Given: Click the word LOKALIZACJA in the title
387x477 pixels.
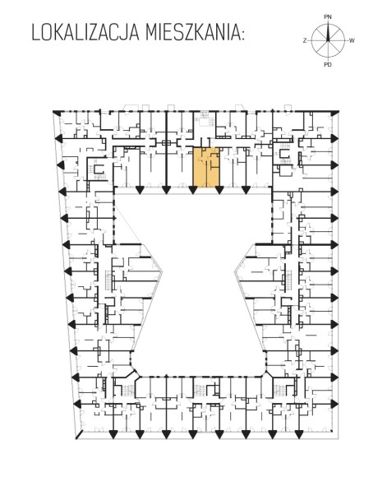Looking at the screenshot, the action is tap(85, 33).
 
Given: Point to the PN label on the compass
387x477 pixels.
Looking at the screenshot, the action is tap(327, 17).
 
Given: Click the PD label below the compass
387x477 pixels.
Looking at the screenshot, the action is tap(328, 64).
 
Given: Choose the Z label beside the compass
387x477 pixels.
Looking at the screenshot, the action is tap(305, 40).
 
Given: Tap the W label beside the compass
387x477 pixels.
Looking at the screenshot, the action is tap(352, 40).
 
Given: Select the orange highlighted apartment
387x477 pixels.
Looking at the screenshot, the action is tap(206, 167).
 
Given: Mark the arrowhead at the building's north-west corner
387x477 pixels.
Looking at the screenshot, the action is tap(56, 112).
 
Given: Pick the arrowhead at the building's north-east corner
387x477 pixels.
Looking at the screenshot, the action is tap(335, 113).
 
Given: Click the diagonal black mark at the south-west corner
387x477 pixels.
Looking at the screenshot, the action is tap(79, 434).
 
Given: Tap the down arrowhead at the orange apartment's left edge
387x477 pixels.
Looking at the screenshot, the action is tap(192, 190).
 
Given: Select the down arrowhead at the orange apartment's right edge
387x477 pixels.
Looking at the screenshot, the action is tap(219, 190).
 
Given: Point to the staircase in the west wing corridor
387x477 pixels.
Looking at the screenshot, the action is tap(108, 280).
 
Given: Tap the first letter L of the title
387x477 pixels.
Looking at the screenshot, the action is tap(36, 33).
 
